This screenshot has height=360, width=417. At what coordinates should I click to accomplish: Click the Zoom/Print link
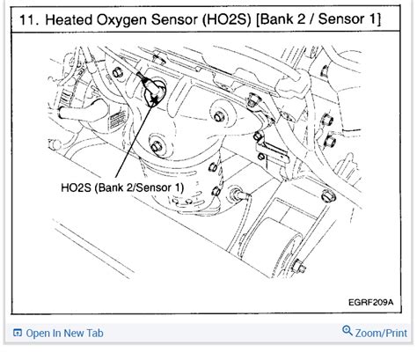pyautogui.click(x=384, y=334)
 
